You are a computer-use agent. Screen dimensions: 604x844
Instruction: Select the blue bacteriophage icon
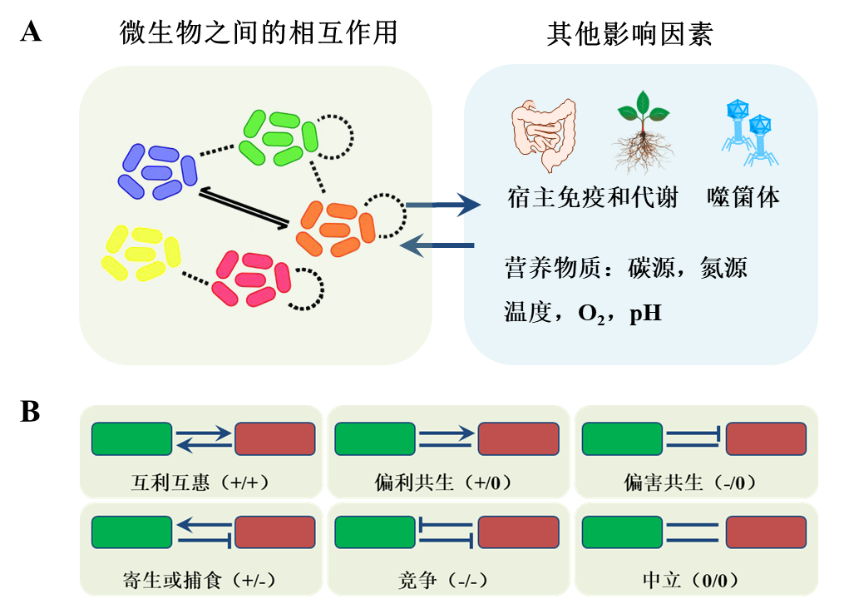pyautogui.click(x=749, y=132)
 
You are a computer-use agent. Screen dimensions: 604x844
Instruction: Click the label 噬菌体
pyautogui.click(x=743, y=198)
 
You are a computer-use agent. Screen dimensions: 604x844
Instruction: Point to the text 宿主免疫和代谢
pyautogui.click(x=592, y=198)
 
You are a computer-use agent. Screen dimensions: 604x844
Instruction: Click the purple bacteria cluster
pyautogui.click(x=157, y=171)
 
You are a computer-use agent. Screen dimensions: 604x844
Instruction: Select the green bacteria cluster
pyautogui.click(x=278, y=137)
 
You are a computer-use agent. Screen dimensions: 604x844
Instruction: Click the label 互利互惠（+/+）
pyautogui.click(x=200, y=483)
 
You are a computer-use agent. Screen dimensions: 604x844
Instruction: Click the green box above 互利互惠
pyautogui.click(x=131, y=438)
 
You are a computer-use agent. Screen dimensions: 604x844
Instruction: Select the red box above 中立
pyautogui.click(x=765, y=532)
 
